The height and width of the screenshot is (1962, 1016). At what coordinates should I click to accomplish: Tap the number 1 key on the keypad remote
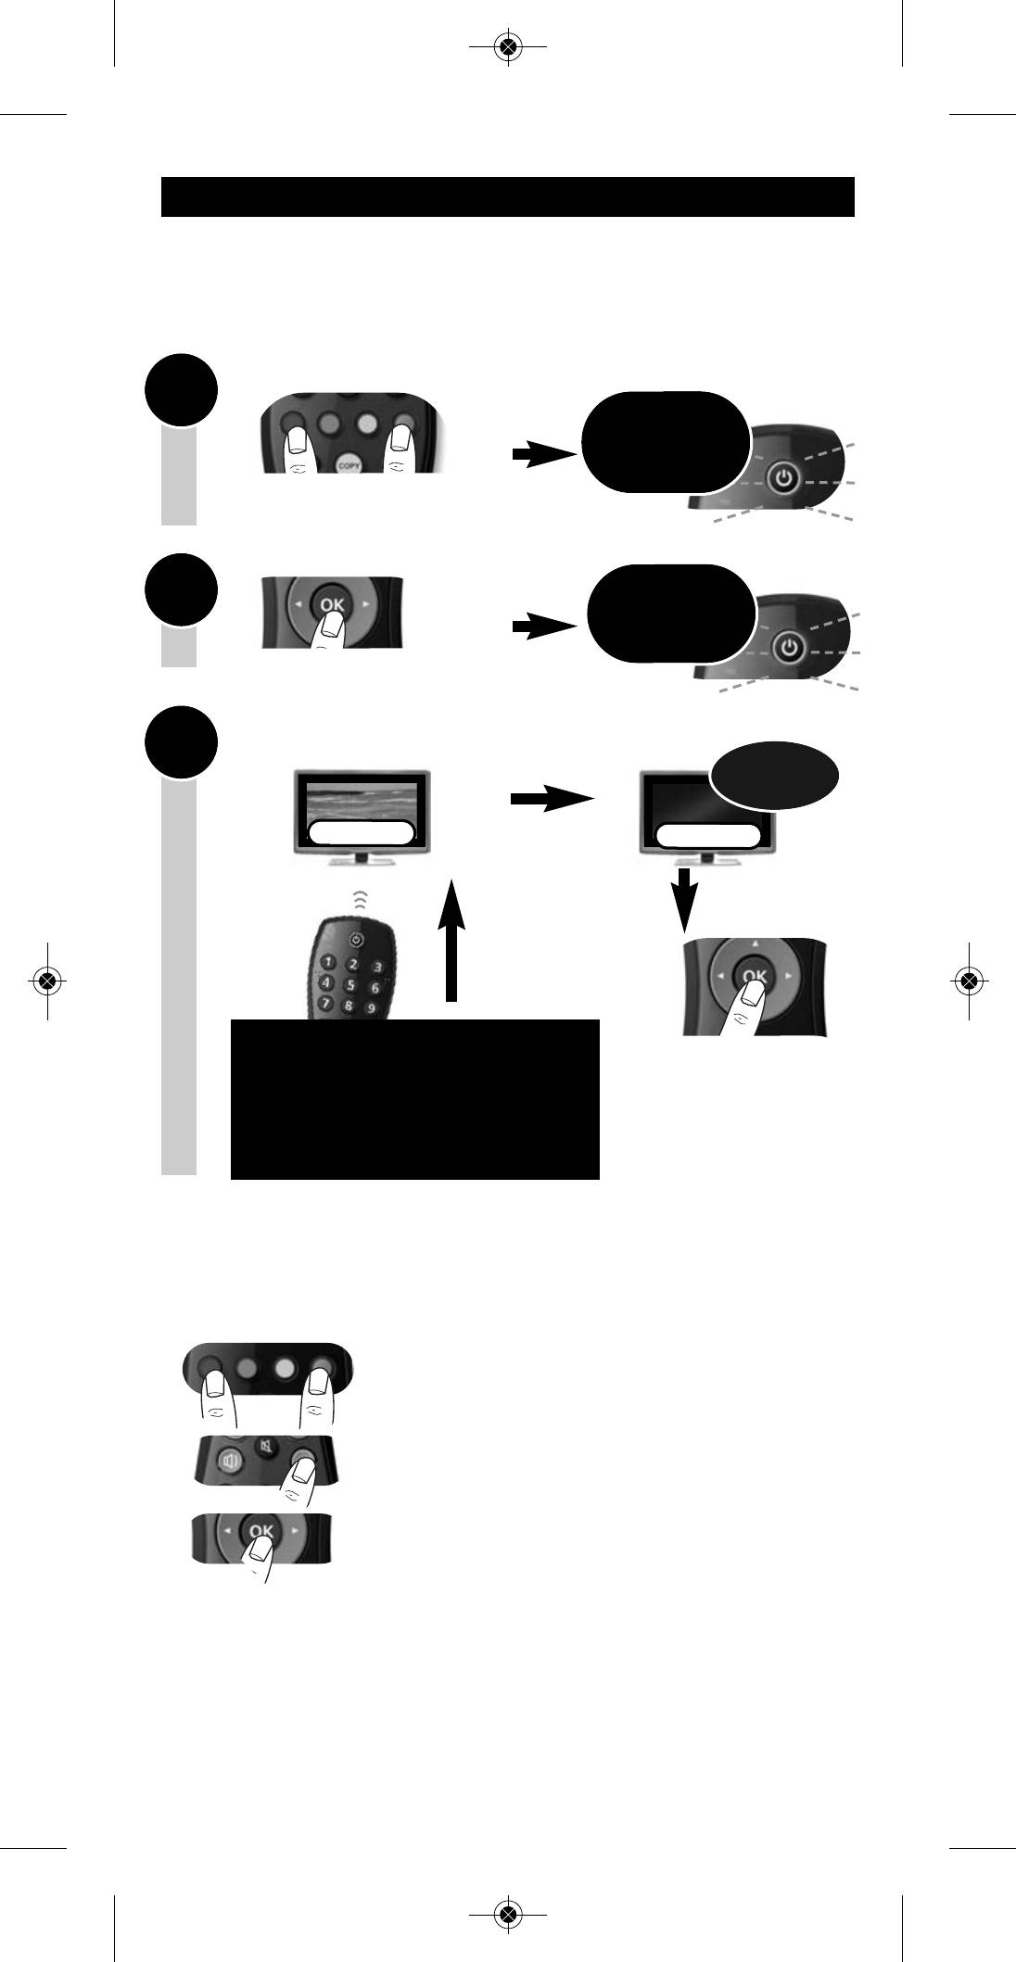tap(328, 966)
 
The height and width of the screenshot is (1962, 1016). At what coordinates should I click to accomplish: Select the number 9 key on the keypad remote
tap(370, 1008)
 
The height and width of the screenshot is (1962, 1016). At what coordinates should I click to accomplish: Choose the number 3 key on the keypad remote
tap(377, 967)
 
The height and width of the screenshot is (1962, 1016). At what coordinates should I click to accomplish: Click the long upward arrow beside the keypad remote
tap(451, 941)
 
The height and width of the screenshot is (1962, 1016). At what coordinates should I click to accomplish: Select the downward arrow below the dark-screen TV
tap(684, 900)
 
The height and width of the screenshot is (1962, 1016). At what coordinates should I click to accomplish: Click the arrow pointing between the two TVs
tap(552, 798)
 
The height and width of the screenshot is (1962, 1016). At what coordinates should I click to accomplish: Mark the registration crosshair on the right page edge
tap(969, 980)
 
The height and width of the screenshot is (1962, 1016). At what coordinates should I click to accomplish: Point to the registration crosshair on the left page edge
tap(47, 980)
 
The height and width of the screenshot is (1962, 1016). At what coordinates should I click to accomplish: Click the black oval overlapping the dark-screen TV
tap(775, 775)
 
